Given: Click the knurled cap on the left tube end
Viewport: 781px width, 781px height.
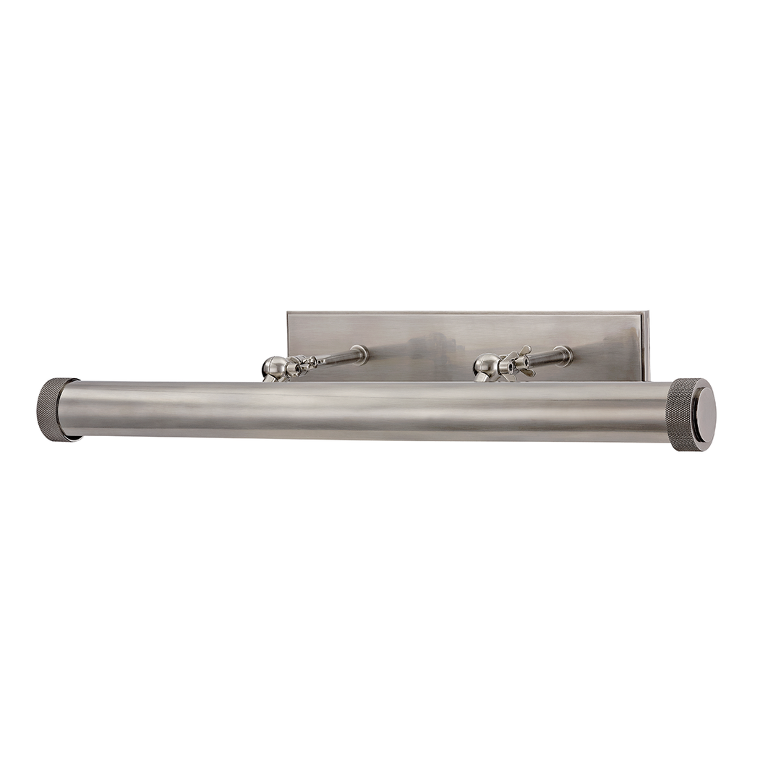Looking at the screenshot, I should click(x=55, y=408).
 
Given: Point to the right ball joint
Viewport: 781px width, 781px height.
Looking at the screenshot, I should click(x=486, y=367).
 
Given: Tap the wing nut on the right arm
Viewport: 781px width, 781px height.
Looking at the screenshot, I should click(x=519, y=362).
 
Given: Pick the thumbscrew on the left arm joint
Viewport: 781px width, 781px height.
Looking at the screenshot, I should click(x=304, y=364).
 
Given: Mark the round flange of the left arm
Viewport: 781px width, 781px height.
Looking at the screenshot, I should click(x=359, y=354).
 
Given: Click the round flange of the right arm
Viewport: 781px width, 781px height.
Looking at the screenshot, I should click(x=564, y=356).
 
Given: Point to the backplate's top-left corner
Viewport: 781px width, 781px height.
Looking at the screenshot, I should click(x=289, y=313).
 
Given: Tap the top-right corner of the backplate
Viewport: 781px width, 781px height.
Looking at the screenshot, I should click(x=646, y=313).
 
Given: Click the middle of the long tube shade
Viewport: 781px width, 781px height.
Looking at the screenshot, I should click(x=369, y=411).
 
